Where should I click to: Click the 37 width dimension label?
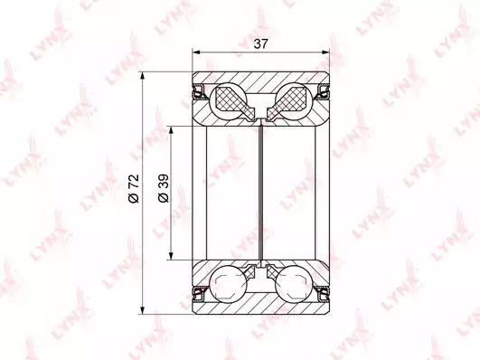pyautogui.click(x=260, y=44)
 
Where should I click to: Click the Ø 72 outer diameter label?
pyautogui.click(x=134, y=188)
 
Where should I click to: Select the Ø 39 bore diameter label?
pyautogui.click(x=163, y=188)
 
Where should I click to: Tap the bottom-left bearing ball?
pyautogui.click(x=229, y=284)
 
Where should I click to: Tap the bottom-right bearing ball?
pyautogui.click(x=293, y=284)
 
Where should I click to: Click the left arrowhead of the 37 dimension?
pyautogui.click(x=196, y=52)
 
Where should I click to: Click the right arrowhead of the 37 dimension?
pyautogui.click(x=325, y=52)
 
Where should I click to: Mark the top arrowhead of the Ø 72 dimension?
pyautogui.click(x=142, y=76)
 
